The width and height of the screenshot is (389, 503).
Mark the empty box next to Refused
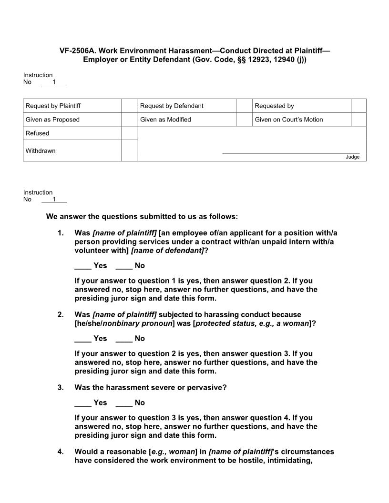point(129,133)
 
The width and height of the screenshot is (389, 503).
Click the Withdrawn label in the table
point(41,151)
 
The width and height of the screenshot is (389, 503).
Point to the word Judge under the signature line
point(353,157)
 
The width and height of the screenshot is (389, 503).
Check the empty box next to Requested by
point(358,106)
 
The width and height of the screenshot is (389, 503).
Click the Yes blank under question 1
point(83,266)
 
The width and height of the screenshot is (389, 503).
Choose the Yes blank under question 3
point(83,403)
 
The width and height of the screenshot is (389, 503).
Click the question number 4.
point(61,452)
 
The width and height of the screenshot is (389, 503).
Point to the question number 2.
point(61,314)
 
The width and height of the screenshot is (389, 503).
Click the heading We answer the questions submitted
point(142,217)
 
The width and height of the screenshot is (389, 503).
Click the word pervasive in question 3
point(207,388)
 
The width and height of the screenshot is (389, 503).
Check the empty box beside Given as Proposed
point(129,120)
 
